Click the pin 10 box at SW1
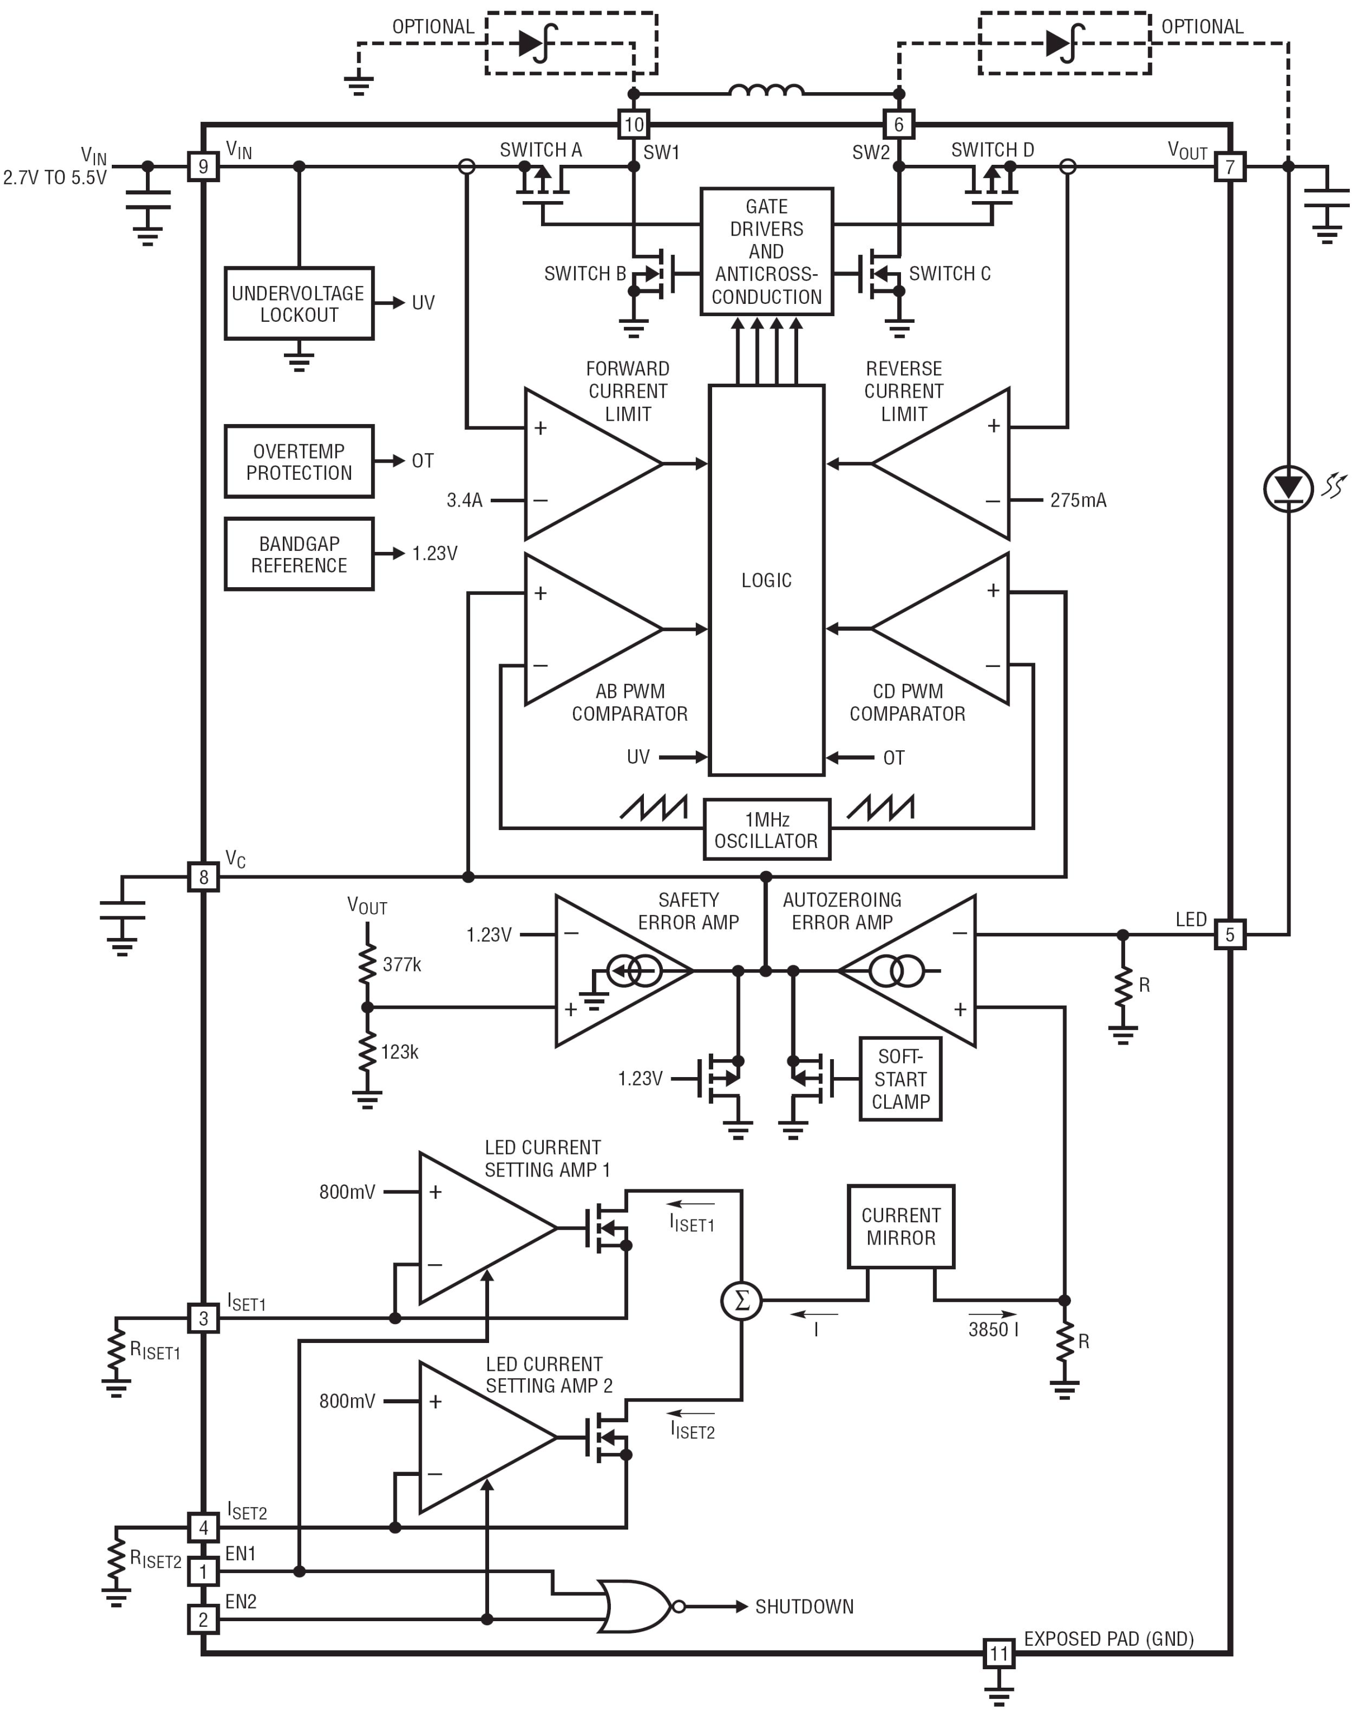tap(633, 125)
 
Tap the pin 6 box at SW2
tap(898, 125)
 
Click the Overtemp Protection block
tap(298, 461)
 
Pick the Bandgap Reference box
tap(298, 554)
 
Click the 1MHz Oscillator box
tap(766, 830)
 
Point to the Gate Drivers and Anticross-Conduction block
tap(766, 251)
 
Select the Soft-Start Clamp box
tap(900, 1079)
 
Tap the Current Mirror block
tap(900, 1227)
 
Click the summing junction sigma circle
tap(741, 1300)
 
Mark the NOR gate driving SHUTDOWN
tap(635, 1606)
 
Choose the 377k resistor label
tap(401, 964)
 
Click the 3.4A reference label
tap(464, 501)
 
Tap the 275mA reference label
tap(1078, 501)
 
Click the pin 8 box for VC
tap(203, 877)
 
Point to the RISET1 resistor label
tap(155, 1351)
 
